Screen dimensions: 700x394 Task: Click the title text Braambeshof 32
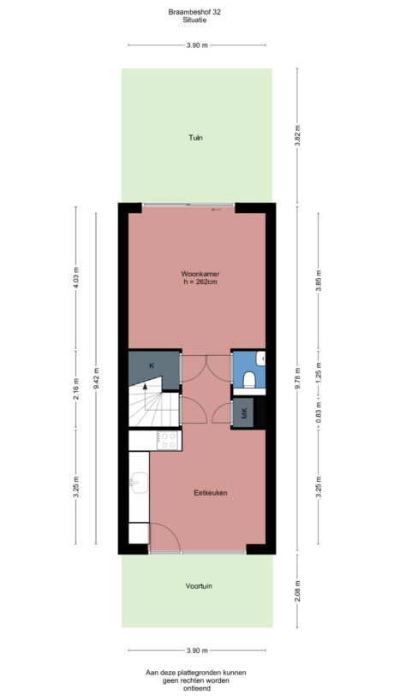point(196,12)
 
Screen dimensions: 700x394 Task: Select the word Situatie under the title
point(196,21)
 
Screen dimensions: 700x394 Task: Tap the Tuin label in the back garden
point(196,137)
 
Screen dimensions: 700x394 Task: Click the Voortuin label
point(199,586)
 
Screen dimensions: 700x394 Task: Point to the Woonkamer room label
point(196,274)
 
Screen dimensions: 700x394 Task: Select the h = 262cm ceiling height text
point(196,282)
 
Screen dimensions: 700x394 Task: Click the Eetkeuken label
point(210,493)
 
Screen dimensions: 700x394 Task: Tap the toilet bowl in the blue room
point(250,378)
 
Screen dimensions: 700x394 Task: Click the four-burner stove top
point(169,440)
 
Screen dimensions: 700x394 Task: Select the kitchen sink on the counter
point(137,485)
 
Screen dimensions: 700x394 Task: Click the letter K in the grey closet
point(152,366)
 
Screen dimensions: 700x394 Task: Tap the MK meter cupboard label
point(245,413)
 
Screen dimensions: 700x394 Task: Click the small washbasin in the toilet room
point(263,359)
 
